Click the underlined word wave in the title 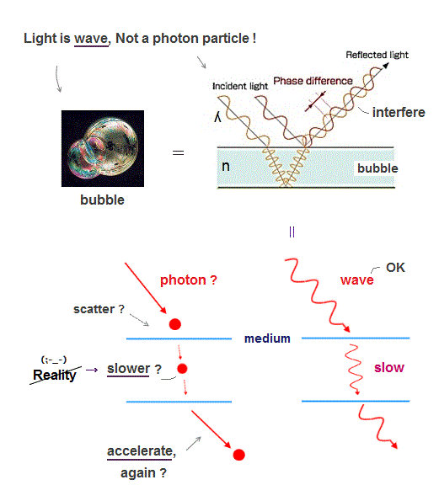coord(91,39)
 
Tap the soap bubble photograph coord(103,148)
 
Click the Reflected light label coord(377,55)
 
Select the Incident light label coord(240,86)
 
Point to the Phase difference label coord(313,81)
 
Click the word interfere coord(399,112)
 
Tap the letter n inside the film coord(226,166)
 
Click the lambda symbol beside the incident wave coord(217,117)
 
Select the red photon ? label coord(189,280)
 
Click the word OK coord(395,268)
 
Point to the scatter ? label coord(99,309)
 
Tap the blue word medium coord(267,338)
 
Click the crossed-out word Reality coord(55,375)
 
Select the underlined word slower coord(129,369)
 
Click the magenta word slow coord(389,367)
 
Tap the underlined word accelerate coord(141,451)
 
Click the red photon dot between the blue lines coord(182,369)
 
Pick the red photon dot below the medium coord(238,455)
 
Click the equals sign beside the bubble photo coord(178,152)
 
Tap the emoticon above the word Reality coord(54,360)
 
